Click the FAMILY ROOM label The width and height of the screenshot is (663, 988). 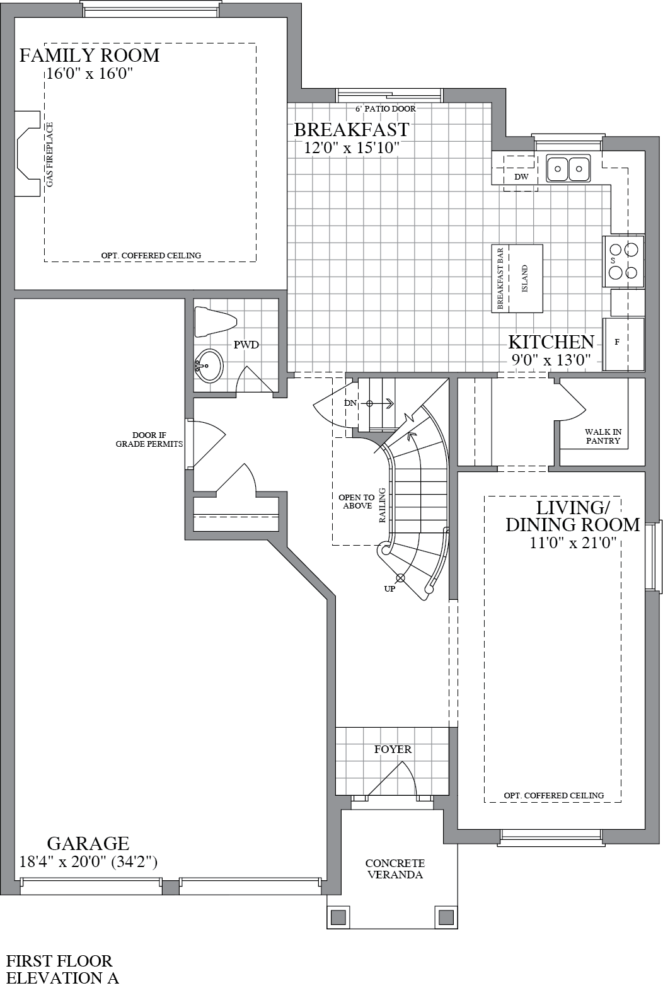[x=89, y=55]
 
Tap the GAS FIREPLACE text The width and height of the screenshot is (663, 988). [x=50, y=154]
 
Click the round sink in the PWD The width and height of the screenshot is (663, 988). [x=208, y=365]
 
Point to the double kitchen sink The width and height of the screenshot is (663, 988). [x=568, y=168]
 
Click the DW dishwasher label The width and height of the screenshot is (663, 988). [x=521, y=177]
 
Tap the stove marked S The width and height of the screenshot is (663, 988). [x=623, y=261]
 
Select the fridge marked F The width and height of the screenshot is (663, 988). [x=622, y=343]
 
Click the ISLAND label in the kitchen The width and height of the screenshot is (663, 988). [x=525, y=279]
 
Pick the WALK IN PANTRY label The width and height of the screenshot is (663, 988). [x=603, y=436]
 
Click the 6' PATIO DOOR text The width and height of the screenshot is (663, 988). [x=386, y=108]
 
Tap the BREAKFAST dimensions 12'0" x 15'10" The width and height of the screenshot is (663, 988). [x=352, y=147]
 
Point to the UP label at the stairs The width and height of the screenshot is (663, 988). [x=390, y=589]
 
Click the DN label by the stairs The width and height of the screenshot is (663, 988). [x=350, y=403]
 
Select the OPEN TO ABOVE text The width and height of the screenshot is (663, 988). [x=357, y=502]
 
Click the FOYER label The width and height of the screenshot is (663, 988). [x=393, y=749]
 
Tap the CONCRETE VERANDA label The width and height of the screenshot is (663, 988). [x=395, y=868]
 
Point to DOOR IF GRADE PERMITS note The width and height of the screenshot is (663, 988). [x=149, y=439]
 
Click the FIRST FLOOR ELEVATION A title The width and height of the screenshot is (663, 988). [x=62, y=969]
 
